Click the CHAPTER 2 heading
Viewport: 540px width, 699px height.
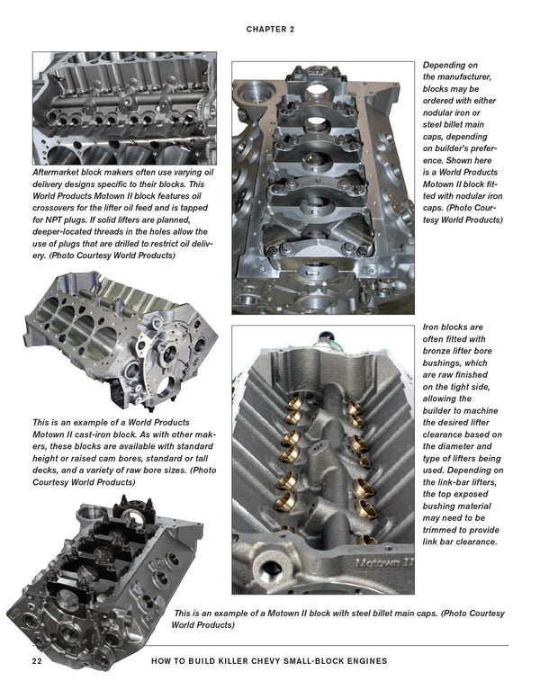(270, 29)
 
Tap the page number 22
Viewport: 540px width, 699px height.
(38, 660)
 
